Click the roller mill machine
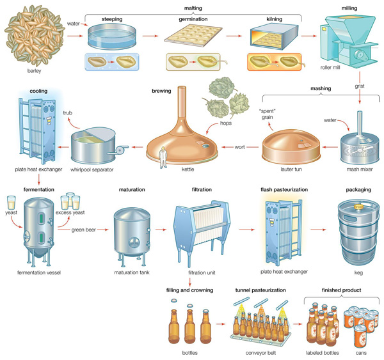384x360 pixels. coord(348,38)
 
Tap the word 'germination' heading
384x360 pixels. coord(193,19)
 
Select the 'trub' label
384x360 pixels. coord(68,113)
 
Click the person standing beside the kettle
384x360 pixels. coord(163,158)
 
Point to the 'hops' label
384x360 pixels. coord(226,123)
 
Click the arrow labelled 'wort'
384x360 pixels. coord(240,147)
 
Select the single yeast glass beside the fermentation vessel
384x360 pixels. coord(12,203)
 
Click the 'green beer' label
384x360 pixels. coord(83,230)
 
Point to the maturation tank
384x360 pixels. coord(132,235)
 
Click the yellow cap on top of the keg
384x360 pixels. coord(358,207)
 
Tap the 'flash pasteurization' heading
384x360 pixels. coord(284,190)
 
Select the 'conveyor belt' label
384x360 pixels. coord(260,353)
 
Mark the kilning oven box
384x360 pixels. coord(274,36)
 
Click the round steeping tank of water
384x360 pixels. coord(112,36)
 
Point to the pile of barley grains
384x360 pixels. coord(35,36)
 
